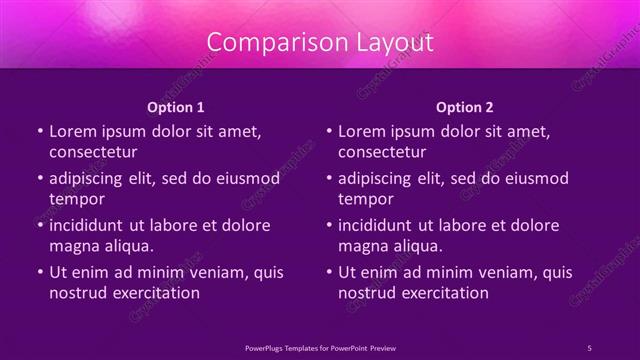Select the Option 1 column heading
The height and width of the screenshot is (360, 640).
(176, 106)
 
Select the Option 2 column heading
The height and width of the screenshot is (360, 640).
(465, 106)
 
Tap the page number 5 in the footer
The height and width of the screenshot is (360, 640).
(589, 347)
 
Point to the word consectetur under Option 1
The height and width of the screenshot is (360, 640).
(93, 152)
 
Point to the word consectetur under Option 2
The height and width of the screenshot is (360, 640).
(382, 152)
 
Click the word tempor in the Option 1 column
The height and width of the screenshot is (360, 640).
(76, 199)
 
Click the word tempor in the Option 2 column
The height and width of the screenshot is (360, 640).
(365, 199)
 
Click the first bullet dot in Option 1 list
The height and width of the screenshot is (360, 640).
(39, 131)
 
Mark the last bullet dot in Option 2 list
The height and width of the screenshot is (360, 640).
(328, 272)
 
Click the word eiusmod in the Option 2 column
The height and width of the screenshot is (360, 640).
(535, 179)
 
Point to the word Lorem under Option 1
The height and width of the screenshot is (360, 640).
(73, 131)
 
